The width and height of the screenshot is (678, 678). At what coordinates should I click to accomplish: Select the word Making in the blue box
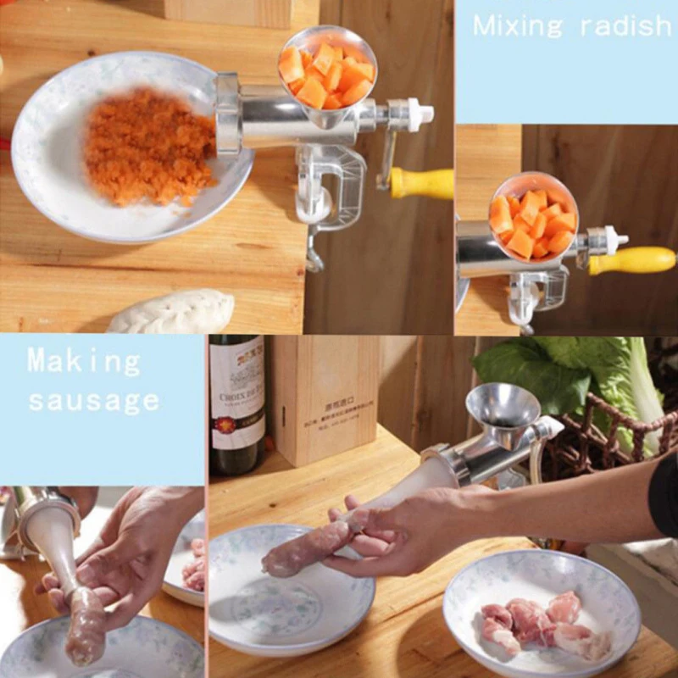[x=84, y=362]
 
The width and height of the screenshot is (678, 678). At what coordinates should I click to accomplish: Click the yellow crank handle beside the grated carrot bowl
[x=421, y=183]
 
